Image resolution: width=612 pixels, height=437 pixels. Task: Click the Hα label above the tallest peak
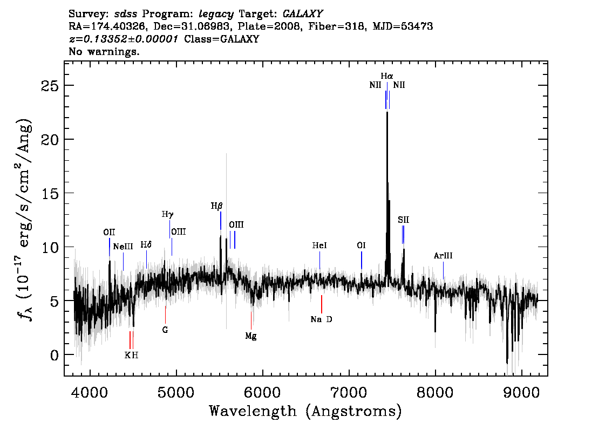coord(387,76)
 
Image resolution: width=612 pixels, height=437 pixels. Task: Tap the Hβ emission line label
coord(216,206)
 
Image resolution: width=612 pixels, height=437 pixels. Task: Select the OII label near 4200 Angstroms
coord(109,233)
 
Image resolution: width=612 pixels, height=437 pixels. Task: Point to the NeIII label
coord(123,247)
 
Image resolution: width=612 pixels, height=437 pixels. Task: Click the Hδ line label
coord(146,244)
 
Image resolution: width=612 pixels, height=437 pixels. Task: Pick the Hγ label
coord(167,214)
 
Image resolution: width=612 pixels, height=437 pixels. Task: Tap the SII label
coord(403,220)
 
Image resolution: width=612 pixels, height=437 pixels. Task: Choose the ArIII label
coord(443,256)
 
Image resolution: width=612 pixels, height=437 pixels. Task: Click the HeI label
coord(319,245)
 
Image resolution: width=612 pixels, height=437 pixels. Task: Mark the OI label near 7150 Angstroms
coord(361,245)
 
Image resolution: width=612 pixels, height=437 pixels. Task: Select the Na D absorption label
coord(321,319)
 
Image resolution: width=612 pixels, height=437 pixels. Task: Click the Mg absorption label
coord(250,336)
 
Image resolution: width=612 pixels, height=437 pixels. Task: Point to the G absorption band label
coord(165,330)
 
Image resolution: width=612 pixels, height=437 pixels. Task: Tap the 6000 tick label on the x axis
coord(262,392)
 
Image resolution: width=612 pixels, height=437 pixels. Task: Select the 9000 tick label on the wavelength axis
coord(521,392)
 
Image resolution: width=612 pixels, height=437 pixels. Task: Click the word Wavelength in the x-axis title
coord(253,411)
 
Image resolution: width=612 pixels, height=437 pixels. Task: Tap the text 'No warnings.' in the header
coord(104,51)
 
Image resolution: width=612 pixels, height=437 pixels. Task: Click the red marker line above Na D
coord(322,304)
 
